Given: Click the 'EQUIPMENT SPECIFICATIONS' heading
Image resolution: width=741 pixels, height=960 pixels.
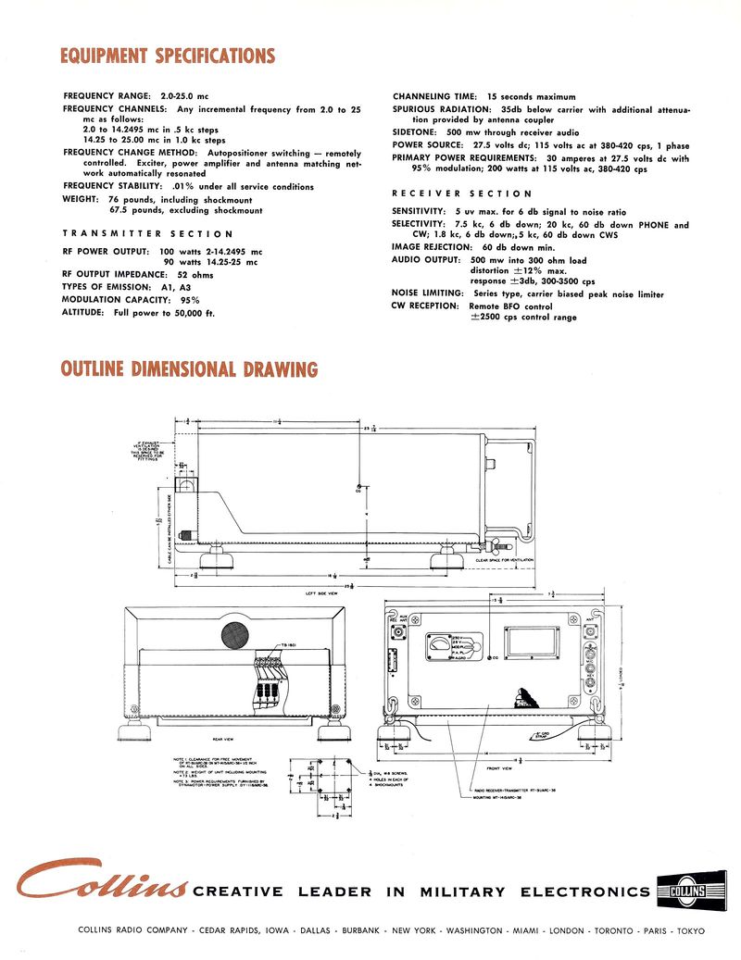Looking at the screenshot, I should coord(168,56).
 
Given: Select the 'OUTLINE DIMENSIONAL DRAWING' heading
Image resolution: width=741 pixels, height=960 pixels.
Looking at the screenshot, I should coord(189,370).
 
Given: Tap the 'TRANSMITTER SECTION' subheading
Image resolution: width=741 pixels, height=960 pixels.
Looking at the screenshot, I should coord(147,234).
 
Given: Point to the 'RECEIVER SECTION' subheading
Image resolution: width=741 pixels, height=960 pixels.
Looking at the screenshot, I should coord(461,193).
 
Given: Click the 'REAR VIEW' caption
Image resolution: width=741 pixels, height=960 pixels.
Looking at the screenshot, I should coord(223,739).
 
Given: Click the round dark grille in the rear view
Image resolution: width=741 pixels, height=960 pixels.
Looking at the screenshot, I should coord(235,634).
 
